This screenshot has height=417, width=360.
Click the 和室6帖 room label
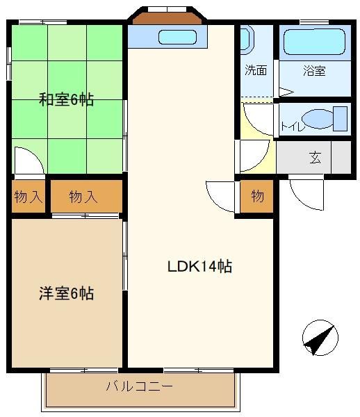coord(66,99)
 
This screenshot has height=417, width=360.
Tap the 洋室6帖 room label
coord(66,293)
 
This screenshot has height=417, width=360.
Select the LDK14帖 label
coord(199,266)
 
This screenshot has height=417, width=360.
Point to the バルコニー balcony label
coord(139,386)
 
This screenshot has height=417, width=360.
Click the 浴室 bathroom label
coord(314,70)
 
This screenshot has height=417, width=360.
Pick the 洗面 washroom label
coord(256,70)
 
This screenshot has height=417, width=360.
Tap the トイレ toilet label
coord(293,126)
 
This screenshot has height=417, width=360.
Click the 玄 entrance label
coord(316,158)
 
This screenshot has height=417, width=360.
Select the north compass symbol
coord(320,338)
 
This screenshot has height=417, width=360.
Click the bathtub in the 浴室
coord(314,42)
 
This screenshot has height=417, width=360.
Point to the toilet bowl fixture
coord(318,119)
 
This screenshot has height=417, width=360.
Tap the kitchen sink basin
coord(177,37)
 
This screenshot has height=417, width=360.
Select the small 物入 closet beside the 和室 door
coord(28,197)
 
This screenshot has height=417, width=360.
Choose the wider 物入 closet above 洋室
coord(86,197)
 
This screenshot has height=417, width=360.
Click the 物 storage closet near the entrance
coord(257,197)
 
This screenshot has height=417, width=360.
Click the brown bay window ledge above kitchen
coord(167,18)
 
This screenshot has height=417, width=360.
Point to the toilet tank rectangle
coord(341,119)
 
